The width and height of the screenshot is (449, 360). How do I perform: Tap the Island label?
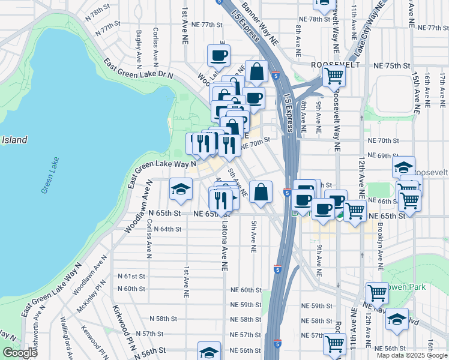(x=14, y=140)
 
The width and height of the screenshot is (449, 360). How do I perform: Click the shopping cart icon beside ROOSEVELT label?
(x=334, y=76)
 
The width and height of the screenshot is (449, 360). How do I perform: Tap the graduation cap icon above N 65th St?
(x=181, y=189)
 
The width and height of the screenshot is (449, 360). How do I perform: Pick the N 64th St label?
(x=167, y=229)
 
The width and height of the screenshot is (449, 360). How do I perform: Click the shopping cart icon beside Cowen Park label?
(x=377, y=293)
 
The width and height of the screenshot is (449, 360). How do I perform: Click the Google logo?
(x=20, y=353)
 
